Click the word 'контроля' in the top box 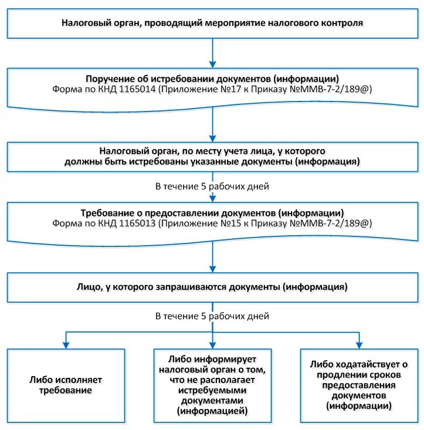coord(344,23)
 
